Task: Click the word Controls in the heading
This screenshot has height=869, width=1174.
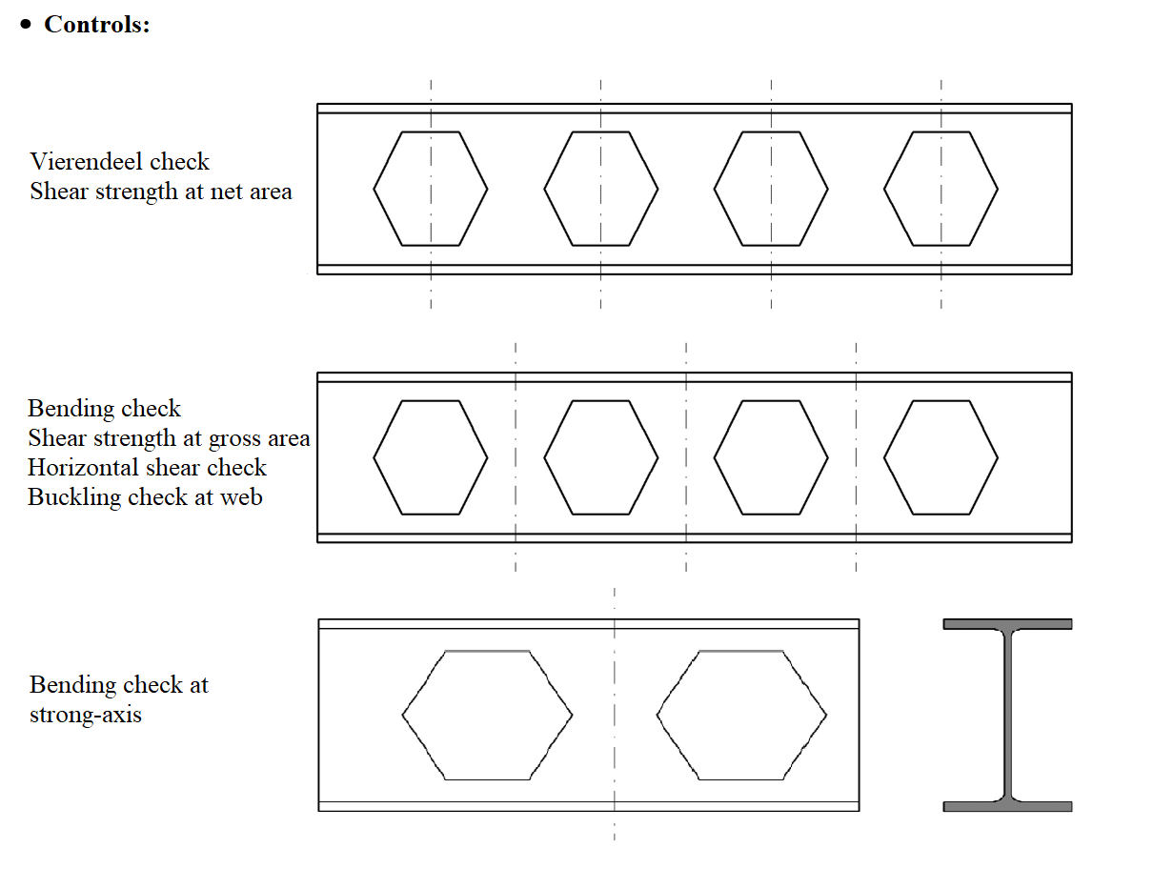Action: pos(96,25)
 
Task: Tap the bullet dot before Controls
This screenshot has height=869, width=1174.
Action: pos(27,26)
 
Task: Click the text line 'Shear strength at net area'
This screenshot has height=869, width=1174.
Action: pos(160,191)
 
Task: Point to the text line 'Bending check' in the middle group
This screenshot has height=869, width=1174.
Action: pos(104,409)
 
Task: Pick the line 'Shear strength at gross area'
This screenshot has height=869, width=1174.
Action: pos(169,438)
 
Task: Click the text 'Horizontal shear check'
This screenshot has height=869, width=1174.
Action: pos(147,468)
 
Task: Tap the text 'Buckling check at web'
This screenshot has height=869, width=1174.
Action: pos(145,496)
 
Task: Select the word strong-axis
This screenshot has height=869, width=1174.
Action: pos(86,715)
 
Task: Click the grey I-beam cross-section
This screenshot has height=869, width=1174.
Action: pos(1007,715)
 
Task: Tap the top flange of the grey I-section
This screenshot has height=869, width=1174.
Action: pos(1007,624)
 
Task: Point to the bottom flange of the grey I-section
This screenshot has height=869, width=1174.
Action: pos(1007,806)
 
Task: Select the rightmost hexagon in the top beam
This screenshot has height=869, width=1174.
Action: pos(941,189)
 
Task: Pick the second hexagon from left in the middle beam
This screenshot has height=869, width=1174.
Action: pos(601,457)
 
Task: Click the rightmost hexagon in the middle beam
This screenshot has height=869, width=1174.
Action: pos(941,457)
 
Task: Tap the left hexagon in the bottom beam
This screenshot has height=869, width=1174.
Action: pos(487,715)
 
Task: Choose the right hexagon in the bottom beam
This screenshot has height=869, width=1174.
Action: pos(741,715)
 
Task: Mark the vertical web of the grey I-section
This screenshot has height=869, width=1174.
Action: pos(1007,715)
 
